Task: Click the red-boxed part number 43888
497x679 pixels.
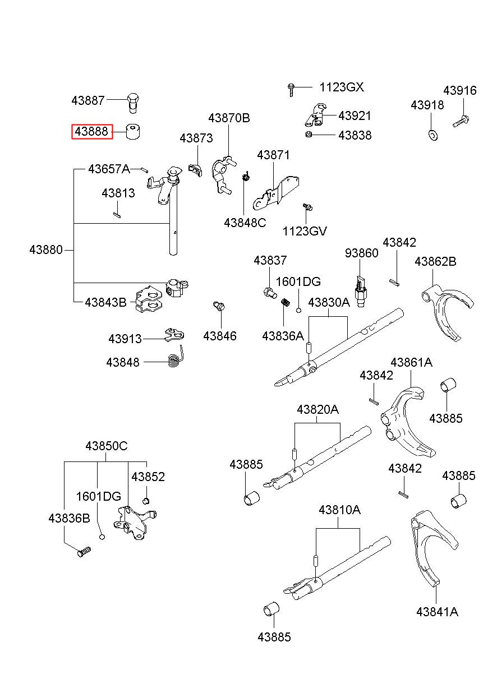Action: pyautogui.click(x=91, y=132)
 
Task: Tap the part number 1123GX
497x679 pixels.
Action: pyautogui.click(x=342, y=87)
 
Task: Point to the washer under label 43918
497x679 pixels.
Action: pyautogui.click(x=433, y=135)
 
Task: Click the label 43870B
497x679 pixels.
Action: pyautogui.click(x=229, y=118)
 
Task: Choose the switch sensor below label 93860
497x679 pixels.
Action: pyautogui.click(x=360, y=292)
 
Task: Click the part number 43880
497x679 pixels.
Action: pyautogui.click(x=46, y=250)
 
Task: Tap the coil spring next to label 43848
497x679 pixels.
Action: pyautogui.click(x=176, y=357)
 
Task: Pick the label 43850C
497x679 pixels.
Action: pyautogui.click(x=107, y=446)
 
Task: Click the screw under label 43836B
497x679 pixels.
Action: pyautogui.click(x=84, y=552)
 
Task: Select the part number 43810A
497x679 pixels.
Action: pyautogui.click(x=339, y=510)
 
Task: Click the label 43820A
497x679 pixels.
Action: pyautogui.click(x=317, y=410)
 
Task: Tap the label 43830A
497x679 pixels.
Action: pyautogui.click(x=329, y=303)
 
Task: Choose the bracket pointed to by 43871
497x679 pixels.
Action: pyautogui.click(x=276, y=193)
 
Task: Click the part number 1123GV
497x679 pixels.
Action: pyautogui.click(x=305, y=231)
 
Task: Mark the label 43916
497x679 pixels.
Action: pyautogui.click(x=460, y=90)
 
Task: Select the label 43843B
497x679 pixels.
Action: pyautogui.click(x=105, y=302)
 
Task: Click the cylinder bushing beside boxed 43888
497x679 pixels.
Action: pyautogui.click(x=132, y=131)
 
